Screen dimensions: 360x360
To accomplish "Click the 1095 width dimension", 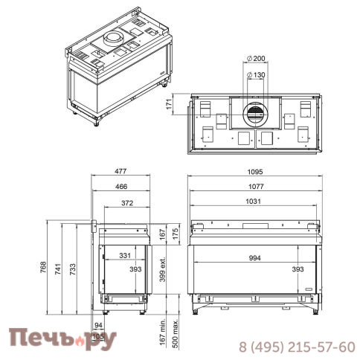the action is coord(255,172).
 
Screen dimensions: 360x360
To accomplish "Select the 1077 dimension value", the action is coord(256,187).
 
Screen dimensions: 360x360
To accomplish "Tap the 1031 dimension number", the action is coord(253,201).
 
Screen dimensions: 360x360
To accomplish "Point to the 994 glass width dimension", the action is coord(255,258).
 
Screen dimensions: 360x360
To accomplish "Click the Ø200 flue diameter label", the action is coord(256,59).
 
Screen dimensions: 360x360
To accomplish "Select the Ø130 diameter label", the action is coord(256,74).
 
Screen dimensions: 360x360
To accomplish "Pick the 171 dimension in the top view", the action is coord(169,104).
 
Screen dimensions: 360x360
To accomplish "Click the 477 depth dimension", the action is coord(120,171).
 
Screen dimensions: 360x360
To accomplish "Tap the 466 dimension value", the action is coord(121,187).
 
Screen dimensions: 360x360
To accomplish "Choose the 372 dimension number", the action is coord(127,203).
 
